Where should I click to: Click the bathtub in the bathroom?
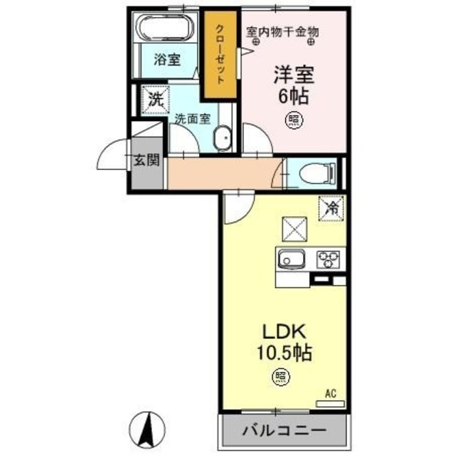click(x=166, y=31)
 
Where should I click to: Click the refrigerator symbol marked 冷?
click(x=331, y=208)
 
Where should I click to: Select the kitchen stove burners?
click(x=330, y=257)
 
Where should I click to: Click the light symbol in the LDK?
click(x=284, y=375)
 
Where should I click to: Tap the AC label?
click(x=330, y=393)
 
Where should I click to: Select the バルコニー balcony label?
click(x=284, y=431)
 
